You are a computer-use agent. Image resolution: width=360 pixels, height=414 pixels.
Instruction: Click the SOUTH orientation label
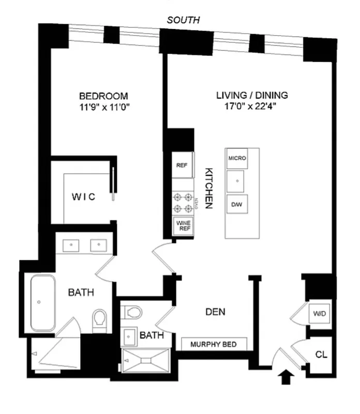pyautogui.click(x=183, y=20)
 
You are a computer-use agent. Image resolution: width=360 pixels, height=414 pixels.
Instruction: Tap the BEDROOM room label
pyautogui.click(x=103, y=96)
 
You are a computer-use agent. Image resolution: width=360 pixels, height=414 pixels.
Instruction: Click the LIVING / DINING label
pyautogui.click(x=251, y=96)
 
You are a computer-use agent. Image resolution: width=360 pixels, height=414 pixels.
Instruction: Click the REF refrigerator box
pyautogui.click(x=182, y=166)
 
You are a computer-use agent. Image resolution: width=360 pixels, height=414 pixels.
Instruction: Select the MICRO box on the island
pyautogui.click(x=237, y=158)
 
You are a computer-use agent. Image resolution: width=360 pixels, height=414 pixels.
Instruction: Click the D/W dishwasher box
pyautogui.click(x=237, y=205)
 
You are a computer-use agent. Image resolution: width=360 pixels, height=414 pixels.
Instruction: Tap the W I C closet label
pyautogui.click(x=83, y=197)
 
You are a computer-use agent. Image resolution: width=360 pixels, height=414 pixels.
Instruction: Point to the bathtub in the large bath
pyautogui.click(x=43, y=303)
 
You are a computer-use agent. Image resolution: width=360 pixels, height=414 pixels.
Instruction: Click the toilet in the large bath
pyautogui.click(x=99, y=319)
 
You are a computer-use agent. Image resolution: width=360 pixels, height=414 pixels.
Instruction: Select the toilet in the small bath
pyautogui.click(x=132, y=313)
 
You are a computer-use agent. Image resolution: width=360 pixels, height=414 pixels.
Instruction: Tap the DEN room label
pyautogui.click(x=215, y=312)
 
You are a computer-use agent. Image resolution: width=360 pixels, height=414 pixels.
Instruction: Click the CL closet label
pyautogui.click(x=321, y=356)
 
